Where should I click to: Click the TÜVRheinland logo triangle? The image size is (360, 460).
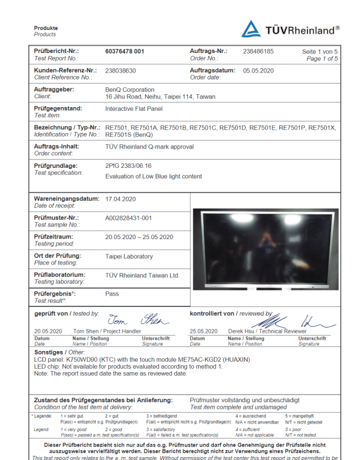coord(251,29)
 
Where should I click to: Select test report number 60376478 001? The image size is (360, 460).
coord(124,51)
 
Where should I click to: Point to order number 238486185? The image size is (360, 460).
coord(258,51)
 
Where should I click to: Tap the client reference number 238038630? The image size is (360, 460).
coord(121,70)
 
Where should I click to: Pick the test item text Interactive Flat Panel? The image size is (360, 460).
coord(133,109)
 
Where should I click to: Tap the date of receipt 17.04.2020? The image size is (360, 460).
coord(121,199)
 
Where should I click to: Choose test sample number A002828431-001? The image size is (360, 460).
coord(128,218)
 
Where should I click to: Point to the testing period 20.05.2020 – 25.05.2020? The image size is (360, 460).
coord(139,237)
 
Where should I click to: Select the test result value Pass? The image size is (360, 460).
coord(111,293)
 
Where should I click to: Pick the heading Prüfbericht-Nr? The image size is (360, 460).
coord(57,51)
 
